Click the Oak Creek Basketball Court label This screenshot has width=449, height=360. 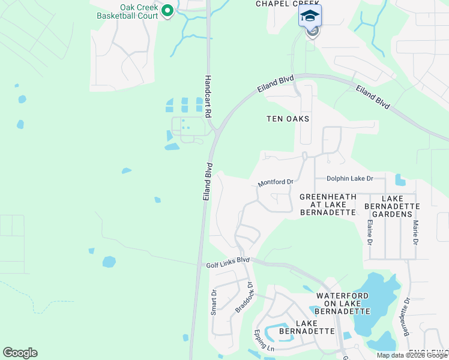pyautogui.click(x=127, y=11)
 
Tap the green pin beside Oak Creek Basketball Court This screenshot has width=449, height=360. pyautogui.click(x=167, y=11)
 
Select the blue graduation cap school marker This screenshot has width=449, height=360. pyautogui.click(x=310, y=16)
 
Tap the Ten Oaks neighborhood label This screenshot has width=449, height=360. pyautogui.click(x=288, y=119)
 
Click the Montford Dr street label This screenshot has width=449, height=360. pyautogui.click(x=276, y=182)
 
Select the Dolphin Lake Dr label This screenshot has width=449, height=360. pyautogui.click(x=350, y=178)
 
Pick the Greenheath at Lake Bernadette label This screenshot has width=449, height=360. pyautogui.click(x=328, y=205)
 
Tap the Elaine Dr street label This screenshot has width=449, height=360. pyautogui.click(x=369, y=233)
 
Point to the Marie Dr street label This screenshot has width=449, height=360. pyautogui.click(x=415, y=233)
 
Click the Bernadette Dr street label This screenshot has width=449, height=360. pyautogui.click(x=406, y=317)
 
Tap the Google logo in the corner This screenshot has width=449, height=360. pyautogui.click(x=20, y=353)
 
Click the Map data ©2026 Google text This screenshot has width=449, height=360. pyautogui.click(x=412, y=355)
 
